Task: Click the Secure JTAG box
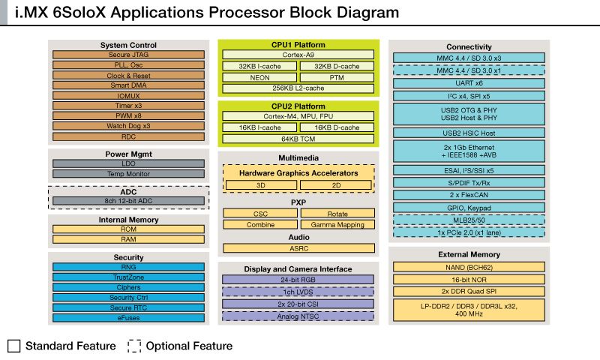tap(128, 55)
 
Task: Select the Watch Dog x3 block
tap(128, 126)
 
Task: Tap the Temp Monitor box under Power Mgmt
tap(128, 174)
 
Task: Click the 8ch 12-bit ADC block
tap(128, 201)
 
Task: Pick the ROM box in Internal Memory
tap(128, 229)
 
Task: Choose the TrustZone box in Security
tap(128, 277)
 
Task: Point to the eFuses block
tap(128, 317)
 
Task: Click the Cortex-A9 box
tap(298, 55)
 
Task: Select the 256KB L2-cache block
tap(298, 88)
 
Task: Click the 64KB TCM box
tap(298, 138)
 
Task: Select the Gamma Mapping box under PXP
tap(337, 224)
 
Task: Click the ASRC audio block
tap(298, 247)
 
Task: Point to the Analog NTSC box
tap(298, 316)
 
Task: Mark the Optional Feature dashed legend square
tap(134, 346)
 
